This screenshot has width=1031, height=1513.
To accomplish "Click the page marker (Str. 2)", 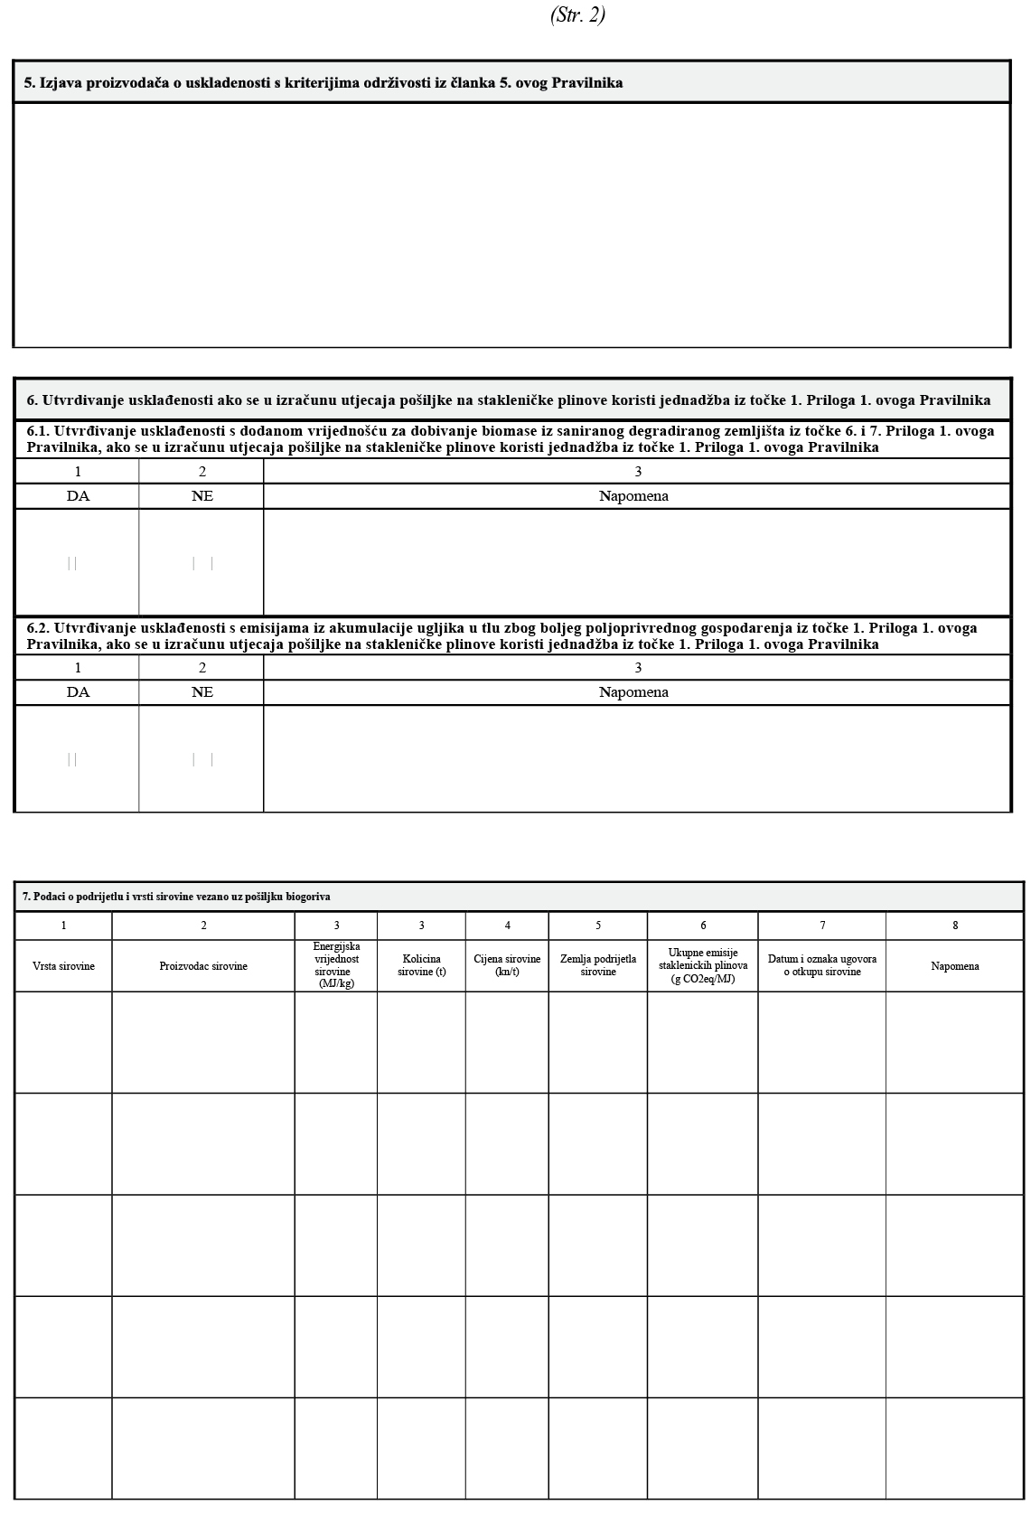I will (x=577, y=15).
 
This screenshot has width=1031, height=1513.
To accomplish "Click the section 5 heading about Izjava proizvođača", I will (x=323, y=83).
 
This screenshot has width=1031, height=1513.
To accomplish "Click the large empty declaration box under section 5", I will (x=511, y=224).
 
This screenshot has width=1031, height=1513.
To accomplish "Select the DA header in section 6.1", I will (x=78, y=496).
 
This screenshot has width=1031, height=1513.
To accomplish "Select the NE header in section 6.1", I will (x=202, y=496).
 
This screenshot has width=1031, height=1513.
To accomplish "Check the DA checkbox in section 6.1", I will (x=72, y=563).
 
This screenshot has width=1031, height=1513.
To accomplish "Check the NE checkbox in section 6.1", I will (x=202, y=563).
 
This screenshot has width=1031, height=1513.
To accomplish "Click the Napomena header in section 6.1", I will (x=633, y=496).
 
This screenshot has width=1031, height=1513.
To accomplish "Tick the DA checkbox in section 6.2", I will (x=72, y=759).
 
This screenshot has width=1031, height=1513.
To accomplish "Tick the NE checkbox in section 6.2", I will (x=202, y=759).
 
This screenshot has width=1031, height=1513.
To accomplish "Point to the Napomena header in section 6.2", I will (x=633, y=692).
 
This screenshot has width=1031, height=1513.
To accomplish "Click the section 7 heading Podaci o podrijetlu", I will (x=176, y=897).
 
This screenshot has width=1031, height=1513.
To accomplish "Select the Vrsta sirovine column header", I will (x=63, y=966).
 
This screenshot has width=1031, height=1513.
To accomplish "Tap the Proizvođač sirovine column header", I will (x=203, y=966).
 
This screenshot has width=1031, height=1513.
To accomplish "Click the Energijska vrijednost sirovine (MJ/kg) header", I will (x=336, y=965).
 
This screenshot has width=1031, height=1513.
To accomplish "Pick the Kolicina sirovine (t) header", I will (x=421, y=965).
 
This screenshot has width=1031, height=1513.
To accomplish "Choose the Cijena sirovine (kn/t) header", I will (x=507, y=965).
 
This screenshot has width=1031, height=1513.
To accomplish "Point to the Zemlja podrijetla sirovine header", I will (x=598, y=965).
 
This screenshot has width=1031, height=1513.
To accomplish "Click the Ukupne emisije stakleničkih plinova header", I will (x=703, y=965).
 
